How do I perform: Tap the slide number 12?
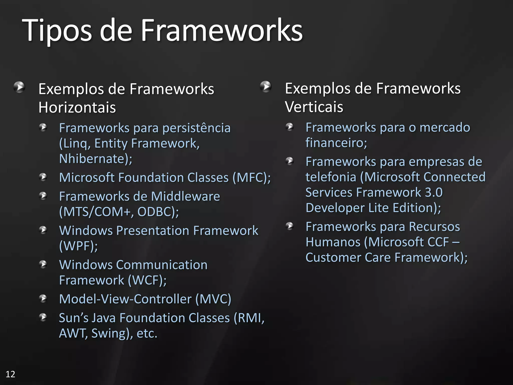pyautogui.click(x=10, y=374)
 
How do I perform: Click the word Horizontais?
pyautogui.click(x=77, y=107)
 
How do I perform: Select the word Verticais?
pyautogui.click(x=314, y=107)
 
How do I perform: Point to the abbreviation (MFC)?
pyautogui.click(x=251, y=177)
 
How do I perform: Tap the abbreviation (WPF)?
pyautogui.click(x=78, y=246)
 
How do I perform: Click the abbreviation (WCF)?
pyautogui.click(x=147, y=280)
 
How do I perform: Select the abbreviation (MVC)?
pyautogui.click(x=213, y=299)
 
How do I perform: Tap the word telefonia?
pyautogui.click(x=331, y=177)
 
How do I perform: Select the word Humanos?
pyautogui.click(x=333, y=242)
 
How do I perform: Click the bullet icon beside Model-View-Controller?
pyautogui.click(x=43, y=298)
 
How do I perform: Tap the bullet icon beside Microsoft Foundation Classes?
pyautogui.click(x=43, y=177)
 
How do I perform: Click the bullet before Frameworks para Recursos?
pyautogui.click(x=290, y=226)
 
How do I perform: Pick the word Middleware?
pyautogui.click(x=185, y=196)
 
